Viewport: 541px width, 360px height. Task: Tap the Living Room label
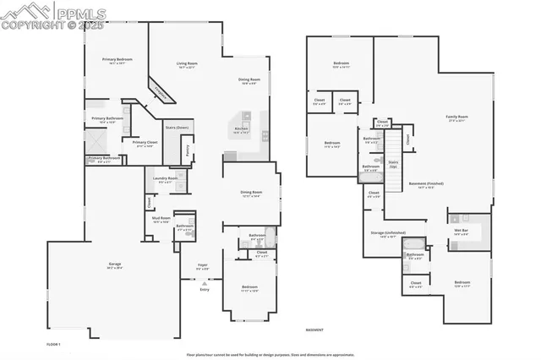click(x=187, y=64)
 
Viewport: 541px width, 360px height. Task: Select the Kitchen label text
click(x=240, y=129)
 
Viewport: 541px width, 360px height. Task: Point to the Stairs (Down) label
click(x=176, y=128)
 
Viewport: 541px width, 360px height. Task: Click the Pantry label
click(x=189, y=149)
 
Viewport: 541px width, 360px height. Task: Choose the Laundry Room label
click(x=166, y=178)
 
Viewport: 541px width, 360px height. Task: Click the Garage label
click(x=114, y=265)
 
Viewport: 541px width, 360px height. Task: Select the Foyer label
click(x=203, y=265)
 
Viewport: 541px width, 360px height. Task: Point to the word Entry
click(x=203, y=289)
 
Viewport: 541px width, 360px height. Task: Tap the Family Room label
click(x=457, y=117)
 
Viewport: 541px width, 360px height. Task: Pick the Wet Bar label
click(x=462, y=231)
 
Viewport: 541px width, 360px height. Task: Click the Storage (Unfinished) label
click(x=388, y=232)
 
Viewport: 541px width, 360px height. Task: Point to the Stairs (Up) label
click(x=393, y=162)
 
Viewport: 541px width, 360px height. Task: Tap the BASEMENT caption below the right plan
click(x=314, y=330)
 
